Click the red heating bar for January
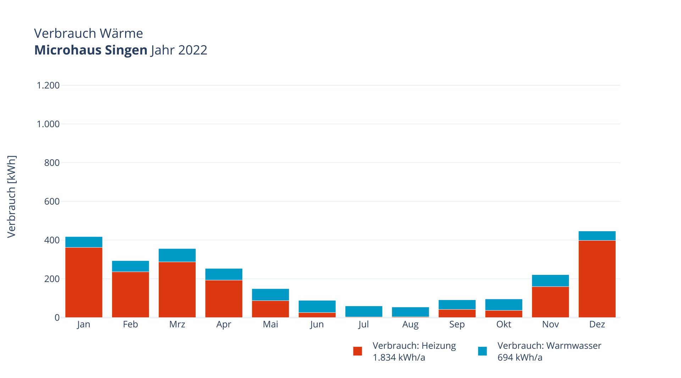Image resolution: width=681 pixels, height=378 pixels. pos(84,282)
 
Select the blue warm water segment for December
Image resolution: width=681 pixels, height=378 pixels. pos(597,236)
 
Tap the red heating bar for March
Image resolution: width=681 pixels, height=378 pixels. pos(177,290)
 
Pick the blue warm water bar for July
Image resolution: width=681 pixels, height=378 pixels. pos(364,311)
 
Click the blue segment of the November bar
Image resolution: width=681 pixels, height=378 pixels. pos(550,280)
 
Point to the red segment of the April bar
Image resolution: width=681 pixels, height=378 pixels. pos(224,299)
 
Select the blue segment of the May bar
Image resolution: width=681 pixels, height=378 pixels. pos(271,295)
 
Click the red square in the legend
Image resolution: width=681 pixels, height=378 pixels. pos(358,351)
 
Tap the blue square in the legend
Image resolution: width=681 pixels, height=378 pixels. pos(482,351)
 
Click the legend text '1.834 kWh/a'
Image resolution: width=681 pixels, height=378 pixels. pos(399,357)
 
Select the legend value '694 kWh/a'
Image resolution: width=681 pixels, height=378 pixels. pos(520,357)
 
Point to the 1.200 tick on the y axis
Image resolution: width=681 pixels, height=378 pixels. pos(48,85)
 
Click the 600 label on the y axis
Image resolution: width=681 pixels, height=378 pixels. pos(52,201)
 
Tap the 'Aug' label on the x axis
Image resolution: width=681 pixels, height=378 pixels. pos(410,324)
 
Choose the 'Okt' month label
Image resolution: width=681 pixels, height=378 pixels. pos(504,324)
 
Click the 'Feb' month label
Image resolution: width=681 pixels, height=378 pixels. pos(131,324)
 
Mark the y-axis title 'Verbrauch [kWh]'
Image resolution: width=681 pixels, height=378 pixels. pos(12,196)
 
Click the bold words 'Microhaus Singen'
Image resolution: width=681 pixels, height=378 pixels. pos(91,50)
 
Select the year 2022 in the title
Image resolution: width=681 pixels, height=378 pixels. pos(193,50)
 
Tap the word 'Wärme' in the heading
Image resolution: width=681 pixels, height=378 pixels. pos(121,33)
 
